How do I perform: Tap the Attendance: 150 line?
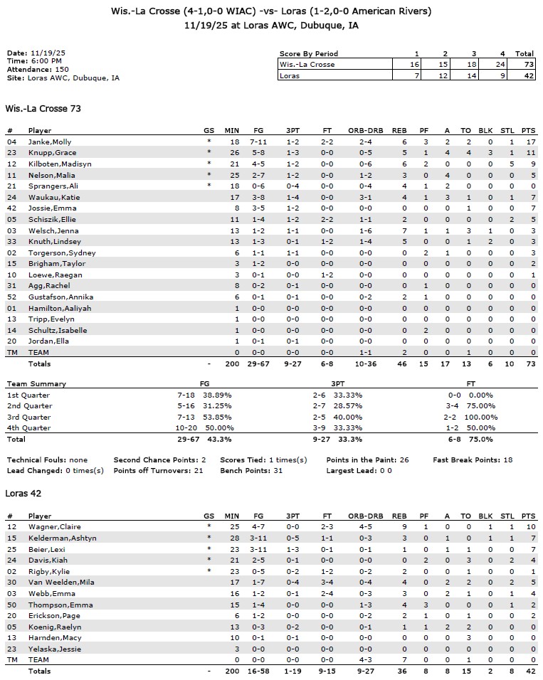(x=38, y=70)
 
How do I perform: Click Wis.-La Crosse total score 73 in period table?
(x=525, y=65)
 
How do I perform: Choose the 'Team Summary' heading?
(x=36, y=384)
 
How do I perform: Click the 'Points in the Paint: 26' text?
(x=368, y=460)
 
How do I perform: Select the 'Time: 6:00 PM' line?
(x=33, y=62)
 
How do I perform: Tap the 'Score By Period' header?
(x=309, y=54)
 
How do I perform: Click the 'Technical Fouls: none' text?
(x=48, y=460)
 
